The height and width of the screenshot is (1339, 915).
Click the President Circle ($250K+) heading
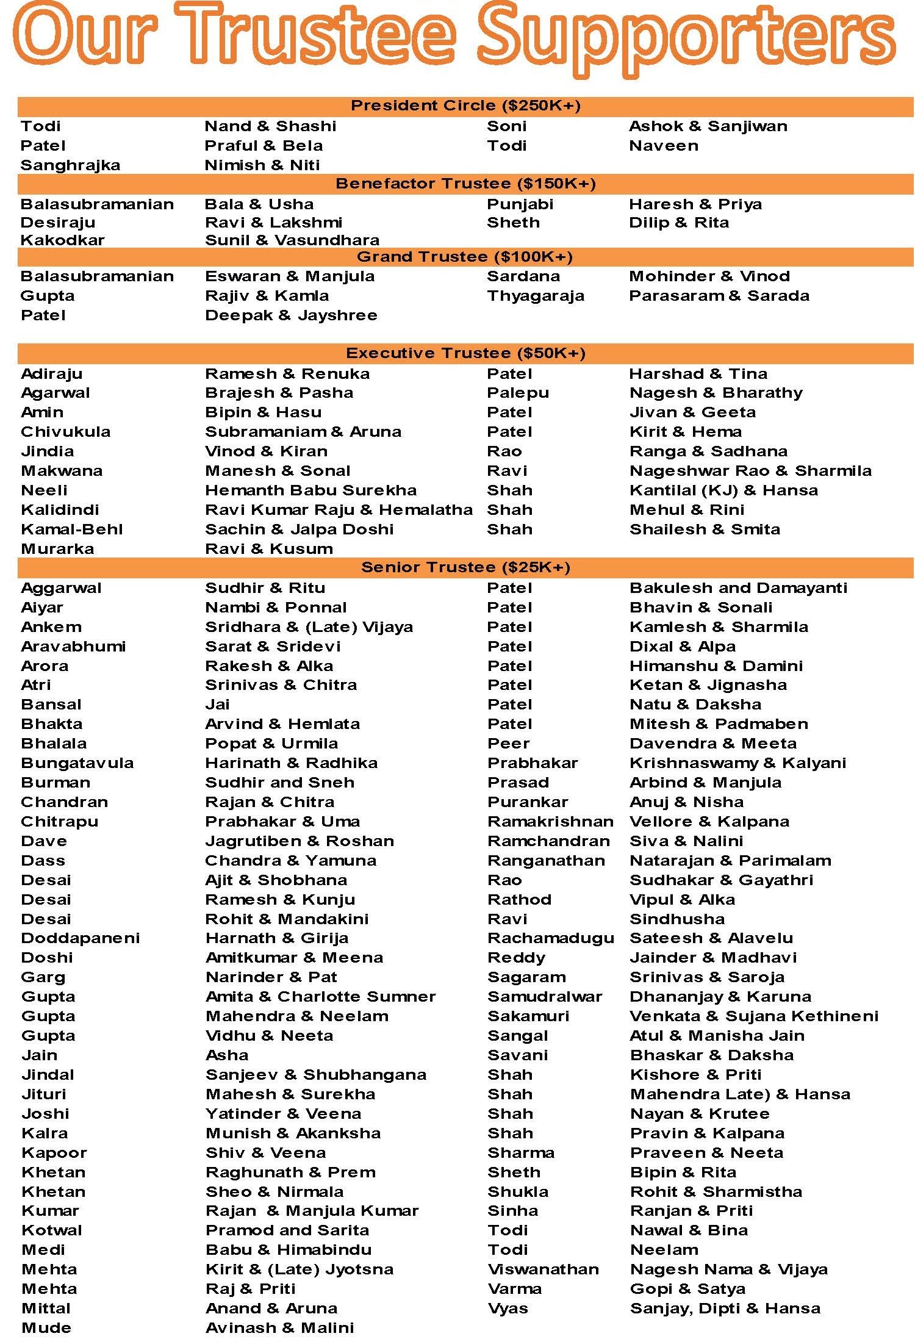(x=465, y=106)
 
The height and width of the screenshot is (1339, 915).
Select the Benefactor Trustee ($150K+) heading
(x=465, y=184)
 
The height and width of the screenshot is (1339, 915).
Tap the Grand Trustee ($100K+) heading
(x=465, y=257)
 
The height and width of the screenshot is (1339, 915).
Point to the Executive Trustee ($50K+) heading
(x=465, y=353)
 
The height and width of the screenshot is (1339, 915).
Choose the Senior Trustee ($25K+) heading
(x=465, y=567)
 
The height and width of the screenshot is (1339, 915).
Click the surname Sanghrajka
(x=70, y=165)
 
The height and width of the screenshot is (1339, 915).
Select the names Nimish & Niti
(x=262, y=165)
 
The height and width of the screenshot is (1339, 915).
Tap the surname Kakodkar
(x=62, y=240)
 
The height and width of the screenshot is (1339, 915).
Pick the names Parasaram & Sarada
(x=719, y=296)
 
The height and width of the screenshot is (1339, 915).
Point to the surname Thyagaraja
(x=536, y=296)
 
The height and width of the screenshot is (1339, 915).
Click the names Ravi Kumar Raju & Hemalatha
(x=339, y=510)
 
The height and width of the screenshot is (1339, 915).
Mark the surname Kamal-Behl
(x=72, y=529)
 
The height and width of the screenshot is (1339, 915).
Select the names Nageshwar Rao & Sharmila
(x=750, y=471)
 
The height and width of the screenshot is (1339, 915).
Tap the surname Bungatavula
(x=77, y=763)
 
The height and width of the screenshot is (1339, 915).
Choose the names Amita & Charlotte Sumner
(x=321, y=997)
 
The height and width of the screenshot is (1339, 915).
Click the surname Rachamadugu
(x=551, y=938)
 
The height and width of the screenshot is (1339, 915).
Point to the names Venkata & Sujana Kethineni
(x=754, y=1016)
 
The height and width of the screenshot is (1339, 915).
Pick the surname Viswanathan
(x=543, y=1269)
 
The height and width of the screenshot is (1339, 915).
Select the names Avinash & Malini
(x=280, y=1328)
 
